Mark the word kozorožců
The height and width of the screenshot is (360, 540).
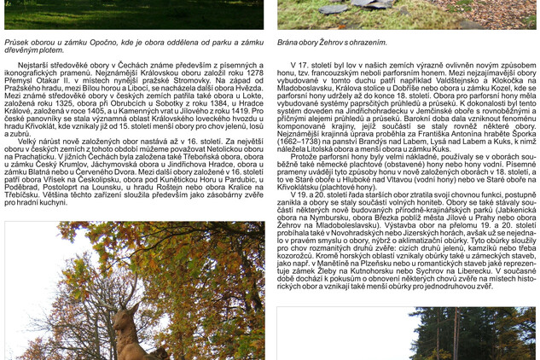299,255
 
